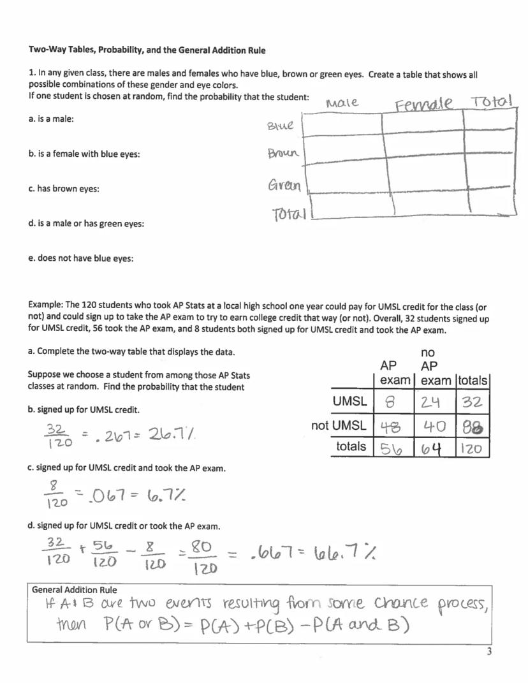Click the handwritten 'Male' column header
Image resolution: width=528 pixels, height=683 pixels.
point(342,103)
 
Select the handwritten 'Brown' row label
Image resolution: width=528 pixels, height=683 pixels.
point(282,154)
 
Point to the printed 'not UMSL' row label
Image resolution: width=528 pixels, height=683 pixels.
point(339,425)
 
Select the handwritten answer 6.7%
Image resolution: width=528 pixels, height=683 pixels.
point(150,494)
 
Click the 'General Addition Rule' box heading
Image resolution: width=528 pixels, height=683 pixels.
point(75,590)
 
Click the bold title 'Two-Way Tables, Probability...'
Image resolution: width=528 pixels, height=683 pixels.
point(147,50)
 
